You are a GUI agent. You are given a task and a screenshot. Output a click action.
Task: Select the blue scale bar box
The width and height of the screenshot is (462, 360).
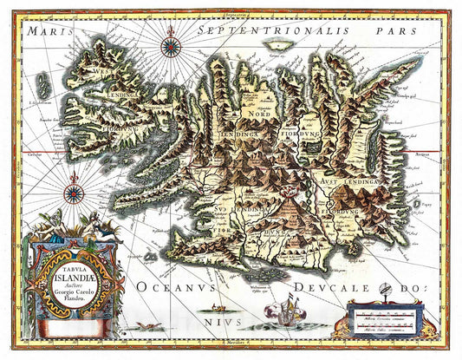[384, 315]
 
